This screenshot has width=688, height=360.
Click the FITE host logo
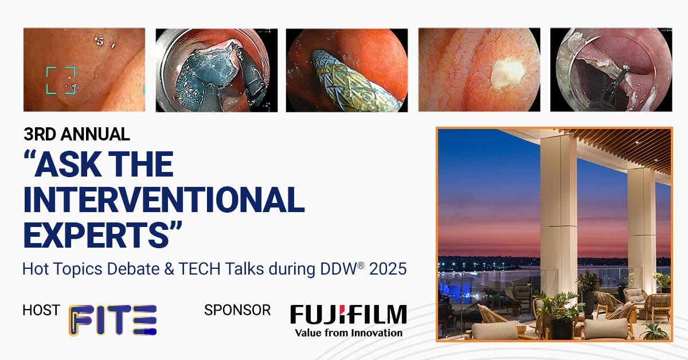coord(113,320)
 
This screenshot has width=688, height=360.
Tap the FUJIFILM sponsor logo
coord(348,315)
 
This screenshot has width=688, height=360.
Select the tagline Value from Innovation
coord(348,332)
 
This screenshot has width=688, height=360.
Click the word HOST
coord(41,310)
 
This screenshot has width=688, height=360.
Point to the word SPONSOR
coord(237,310)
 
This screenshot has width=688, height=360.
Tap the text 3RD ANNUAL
coord(77,135)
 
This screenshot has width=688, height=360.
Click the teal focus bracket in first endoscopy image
coord(61,80)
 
